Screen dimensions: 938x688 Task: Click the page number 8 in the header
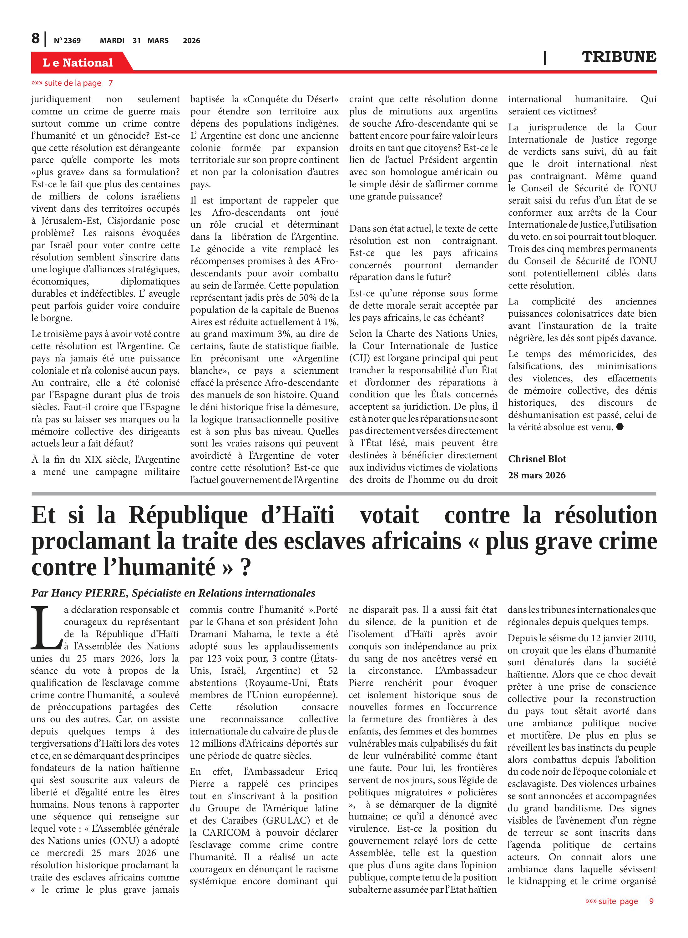pyautogui.click(x=36, y=38)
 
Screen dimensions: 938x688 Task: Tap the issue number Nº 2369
pyautogui.click(x=67, y=41)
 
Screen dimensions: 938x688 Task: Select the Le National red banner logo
pyautogui.click(x=78, y=63)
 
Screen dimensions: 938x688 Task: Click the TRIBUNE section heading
pyautogui.click(x=619, y=57)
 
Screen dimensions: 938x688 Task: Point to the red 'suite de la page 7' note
pyautogui.click(x=72, y=83)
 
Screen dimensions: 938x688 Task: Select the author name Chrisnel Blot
pyautogui.click(x=537, y=459)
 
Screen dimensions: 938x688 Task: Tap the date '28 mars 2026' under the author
pyautogui.click(x=537, y=475)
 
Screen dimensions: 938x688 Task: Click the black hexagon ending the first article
pyautogui.click(x=620, y=427)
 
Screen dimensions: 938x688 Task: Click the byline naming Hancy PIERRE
pyautogui.click(x=173, y=593)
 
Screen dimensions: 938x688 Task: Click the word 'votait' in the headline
pyautogui.click(x=389, y=515)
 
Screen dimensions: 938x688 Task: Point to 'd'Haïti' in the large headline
pyautogui.click(x=297, y=515)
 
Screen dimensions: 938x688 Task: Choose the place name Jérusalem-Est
pyautogui.click(x=71, y=221)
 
